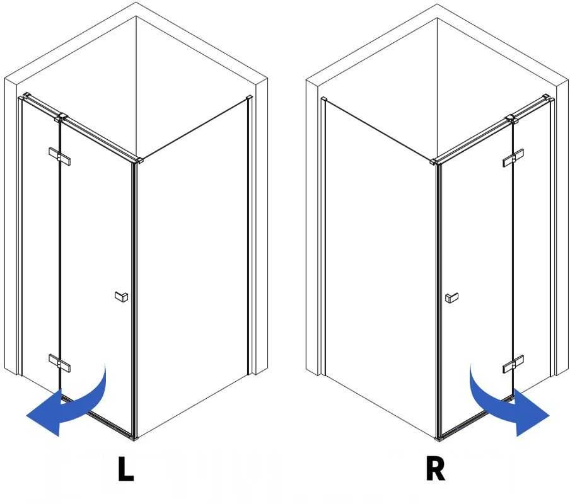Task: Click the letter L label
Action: pos(125,469)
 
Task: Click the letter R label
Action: pos(435,469)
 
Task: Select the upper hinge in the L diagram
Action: pos(60,156)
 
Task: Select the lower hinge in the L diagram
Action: pos(60,363)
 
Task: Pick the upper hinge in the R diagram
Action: pos(513,158)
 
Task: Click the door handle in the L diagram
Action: pos(122,297)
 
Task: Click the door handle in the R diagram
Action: pos(451,298)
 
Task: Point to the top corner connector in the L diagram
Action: pos(139,161)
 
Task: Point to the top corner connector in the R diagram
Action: pos(433,161)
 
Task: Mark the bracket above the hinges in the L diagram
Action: pos(61,117)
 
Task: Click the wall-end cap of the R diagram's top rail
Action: pos(545,97)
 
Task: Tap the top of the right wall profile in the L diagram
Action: pos(250,98)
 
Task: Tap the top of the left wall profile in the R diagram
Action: pos(324,100)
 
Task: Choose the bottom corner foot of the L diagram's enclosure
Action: pos(135,438)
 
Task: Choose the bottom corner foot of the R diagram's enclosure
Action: pos(439,439)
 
